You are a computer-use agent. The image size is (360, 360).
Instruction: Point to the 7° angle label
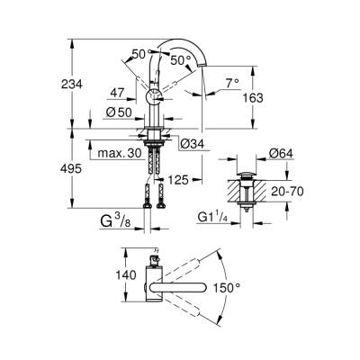point(232,82)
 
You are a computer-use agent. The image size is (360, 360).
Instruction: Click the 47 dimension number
point(118,93)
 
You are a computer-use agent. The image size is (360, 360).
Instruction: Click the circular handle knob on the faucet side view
point(153,96)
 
